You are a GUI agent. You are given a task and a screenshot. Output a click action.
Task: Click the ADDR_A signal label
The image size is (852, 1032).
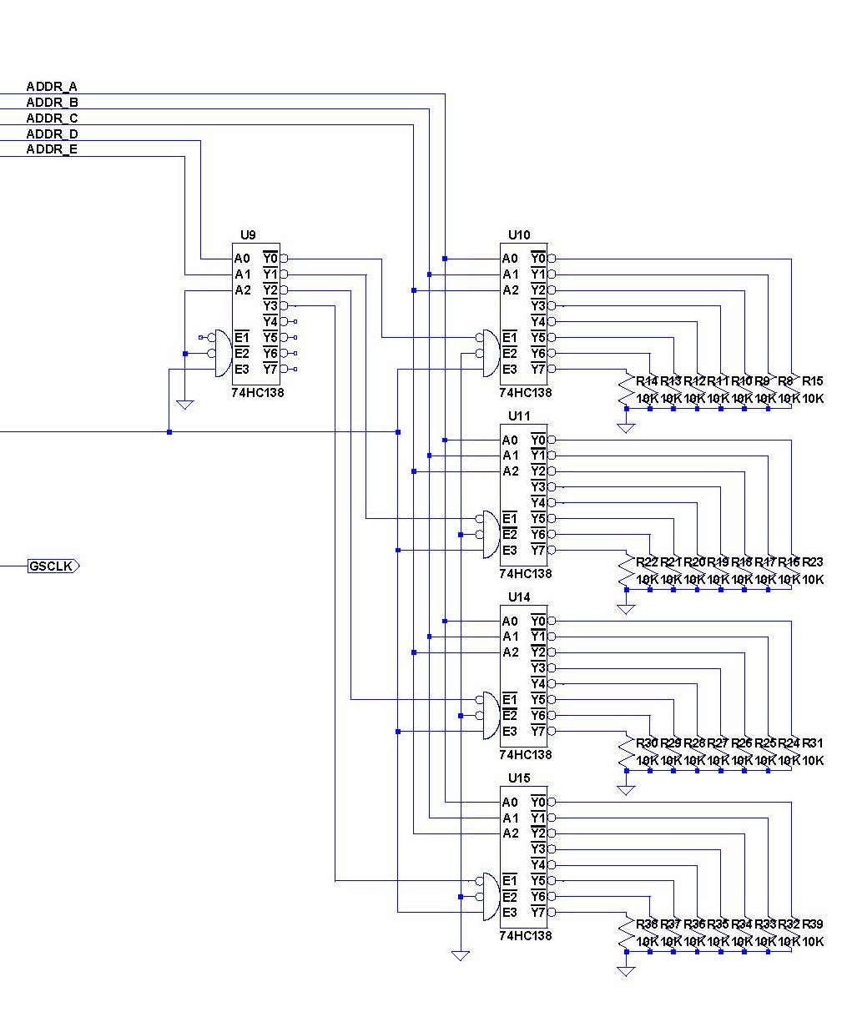tap(52, 87)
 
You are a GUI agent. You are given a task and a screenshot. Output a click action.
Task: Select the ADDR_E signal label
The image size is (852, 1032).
tap(52, 149)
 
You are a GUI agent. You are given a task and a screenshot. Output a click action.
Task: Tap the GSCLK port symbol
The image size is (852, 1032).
tap(53, 566)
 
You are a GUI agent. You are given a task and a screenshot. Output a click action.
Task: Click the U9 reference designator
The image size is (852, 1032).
tap(248, 235)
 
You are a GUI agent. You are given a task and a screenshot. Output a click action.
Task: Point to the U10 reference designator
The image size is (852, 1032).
tap(519, 235)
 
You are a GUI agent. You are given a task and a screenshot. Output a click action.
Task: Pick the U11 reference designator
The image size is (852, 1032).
tap(519, 416)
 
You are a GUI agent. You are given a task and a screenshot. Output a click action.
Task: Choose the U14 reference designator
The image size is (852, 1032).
tap(519, 597)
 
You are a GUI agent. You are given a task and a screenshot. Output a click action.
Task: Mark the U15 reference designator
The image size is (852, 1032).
tap(519, 778)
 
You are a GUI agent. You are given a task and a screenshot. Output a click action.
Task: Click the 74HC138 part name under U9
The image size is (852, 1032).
tap(257, 393)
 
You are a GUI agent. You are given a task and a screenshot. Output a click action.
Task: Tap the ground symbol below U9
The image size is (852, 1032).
tap(185, 405)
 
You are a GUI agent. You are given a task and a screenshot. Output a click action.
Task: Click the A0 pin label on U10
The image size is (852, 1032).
tap(510, 259)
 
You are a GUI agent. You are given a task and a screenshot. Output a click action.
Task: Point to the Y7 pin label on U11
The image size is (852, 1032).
tap(538, 551)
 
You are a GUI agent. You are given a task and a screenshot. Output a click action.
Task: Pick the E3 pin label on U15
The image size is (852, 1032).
tap(510, 913)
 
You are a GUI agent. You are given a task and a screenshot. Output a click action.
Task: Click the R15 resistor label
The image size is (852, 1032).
tap(813, 381)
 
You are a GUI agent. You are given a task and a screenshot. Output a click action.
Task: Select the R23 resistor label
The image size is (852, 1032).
tap(813, 562)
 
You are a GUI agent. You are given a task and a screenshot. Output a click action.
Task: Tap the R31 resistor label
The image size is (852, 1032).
tap(813, 743)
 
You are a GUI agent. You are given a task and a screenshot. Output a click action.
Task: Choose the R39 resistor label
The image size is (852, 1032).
tap(813, 924)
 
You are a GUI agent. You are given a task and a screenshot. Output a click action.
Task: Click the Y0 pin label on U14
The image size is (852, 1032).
tap(538, 622)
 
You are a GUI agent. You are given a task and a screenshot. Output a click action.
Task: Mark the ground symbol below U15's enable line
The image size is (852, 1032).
tap(461, 956)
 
